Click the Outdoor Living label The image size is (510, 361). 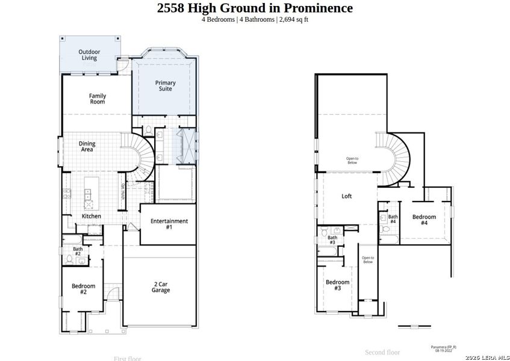tap(89, 55)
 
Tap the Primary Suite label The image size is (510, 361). tap(166, 85)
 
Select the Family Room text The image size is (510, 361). tap(98, 99)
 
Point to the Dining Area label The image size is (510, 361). tap(87, 146)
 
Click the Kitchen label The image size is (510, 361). tap(92, 216)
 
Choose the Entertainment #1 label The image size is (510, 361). tap(169, 224)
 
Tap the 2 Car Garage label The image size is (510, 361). tap(161, 287)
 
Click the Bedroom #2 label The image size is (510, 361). tap(83, 289)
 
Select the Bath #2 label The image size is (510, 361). tap(78, 251)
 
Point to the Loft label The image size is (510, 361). tap(347, 196)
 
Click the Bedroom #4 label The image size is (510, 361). tap(424, 219)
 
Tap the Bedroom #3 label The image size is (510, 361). tap(337, 285)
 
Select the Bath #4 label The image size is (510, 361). tap(393, 219)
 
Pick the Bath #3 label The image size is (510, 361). tap(332, 239)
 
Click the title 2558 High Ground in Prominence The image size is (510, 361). tap(255, 8)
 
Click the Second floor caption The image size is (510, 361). tap(382, 352)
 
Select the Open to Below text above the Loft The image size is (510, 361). tap(352, 160)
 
